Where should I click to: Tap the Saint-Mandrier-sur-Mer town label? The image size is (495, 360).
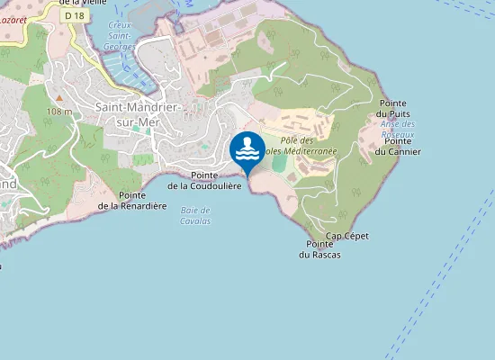point(139,114)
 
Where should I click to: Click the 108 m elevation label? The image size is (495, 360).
point(59,111)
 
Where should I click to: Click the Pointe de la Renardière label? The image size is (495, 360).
point(132,200)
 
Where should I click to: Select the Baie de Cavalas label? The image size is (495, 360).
point(195,215)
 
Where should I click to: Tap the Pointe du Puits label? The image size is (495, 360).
point(394,109)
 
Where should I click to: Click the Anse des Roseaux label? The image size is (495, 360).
point(397,129)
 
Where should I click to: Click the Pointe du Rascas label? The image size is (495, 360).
point(319,249)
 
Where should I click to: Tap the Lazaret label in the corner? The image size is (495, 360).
point(13,17)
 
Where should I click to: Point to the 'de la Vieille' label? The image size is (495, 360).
point(76,3)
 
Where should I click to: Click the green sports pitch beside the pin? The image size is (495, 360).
point(279,165)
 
